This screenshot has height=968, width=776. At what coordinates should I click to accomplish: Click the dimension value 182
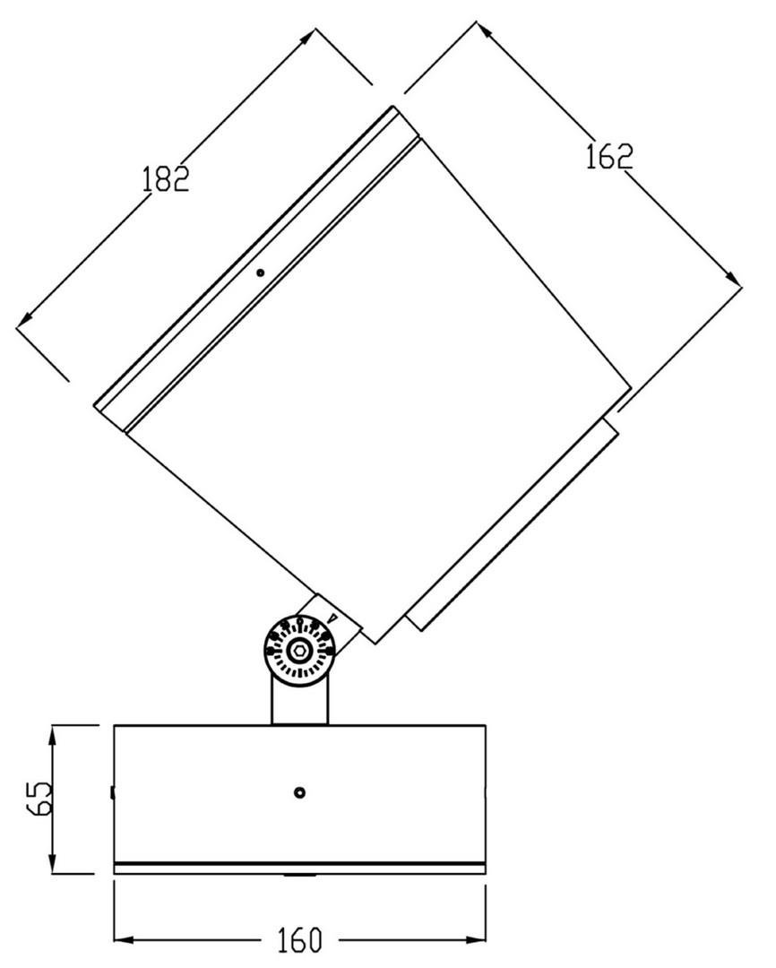tap(166, 179)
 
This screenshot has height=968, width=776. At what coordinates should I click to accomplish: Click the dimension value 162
tap(609, 157)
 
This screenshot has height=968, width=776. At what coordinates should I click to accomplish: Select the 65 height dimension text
tap(40, 799)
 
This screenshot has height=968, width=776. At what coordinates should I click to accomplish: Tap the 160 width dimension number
tap(298, 939)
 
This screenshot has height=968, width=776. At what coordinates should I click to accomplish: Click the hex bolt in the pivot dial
tap(300, 650)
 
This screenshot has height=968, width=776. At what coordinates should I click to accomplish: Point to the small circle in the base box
tap(300, 792)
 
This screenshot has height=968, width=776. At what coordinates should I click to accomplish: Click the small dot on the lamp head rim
tap(261, 272)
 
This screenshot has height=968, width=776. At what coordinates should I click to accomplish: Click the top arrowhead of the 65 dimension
tap(53, 735)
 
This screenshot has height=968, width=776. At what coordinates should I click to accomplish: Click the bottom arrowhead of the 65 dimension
tap(53, 864)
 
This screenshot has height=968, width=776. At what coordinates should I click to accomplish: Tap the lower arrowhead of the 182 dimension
tap(24, 318)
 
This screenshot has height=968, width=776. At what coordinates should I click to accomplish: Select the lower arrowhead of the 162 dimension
tap(733, 279)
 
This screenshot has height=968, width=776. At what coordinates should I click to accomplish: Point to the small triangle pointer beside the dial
tap(333, 618)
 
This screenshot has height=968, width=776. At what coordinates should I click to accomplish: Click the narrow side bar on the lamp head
tap(512, 524)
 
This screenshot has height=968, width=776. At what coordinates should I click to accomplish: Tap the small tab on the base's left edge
tap(112, 792)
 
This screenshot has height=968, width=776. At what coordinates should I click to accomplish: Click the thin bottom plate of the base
tap(300, 869)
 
